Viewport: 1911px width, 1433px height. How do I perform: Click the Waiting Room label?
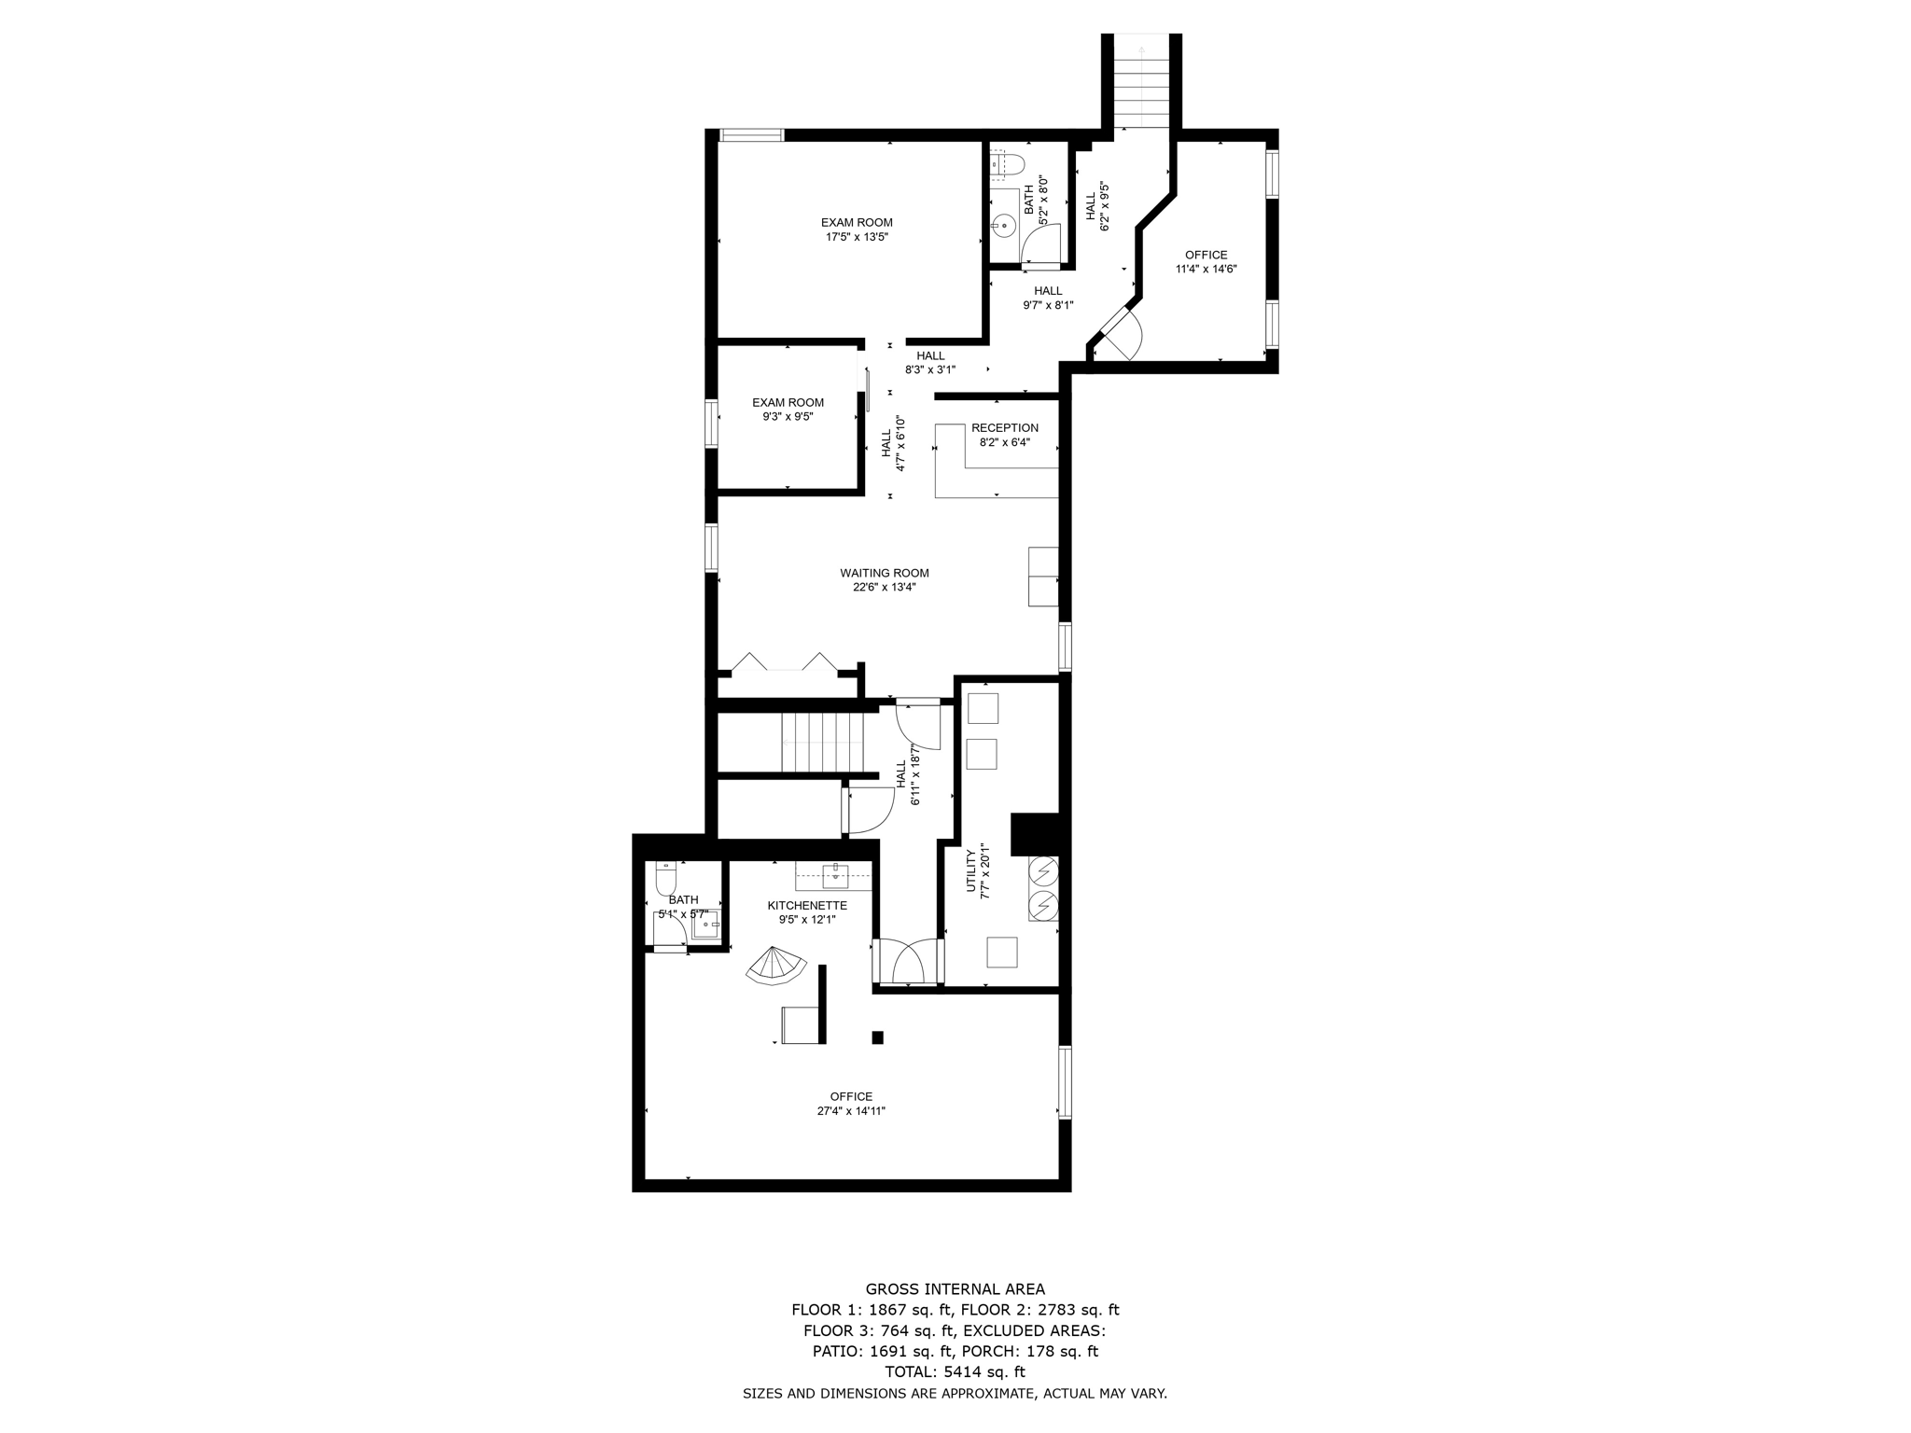(x=884, y=573)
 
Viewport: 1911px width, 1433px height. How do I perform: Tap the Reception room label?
(x=1004, y=428)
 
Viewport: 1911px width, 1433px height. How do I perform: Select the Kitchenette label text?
(x=807, y=905)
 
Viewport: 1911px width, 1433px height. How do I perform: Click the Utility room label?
(x=971, y=872)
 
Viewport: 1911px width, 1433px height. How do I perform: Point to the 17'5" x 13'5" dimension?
(x=856, y=237)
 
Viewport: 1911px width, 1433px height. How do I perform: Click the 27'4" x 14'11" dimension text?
(x=850, y=1111)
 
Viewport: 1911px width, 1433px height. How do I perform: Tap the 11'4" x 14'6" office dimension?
(x=1206, y=269)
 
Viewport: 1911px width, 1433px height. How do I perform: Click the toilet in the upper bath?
(x=1008, y=165)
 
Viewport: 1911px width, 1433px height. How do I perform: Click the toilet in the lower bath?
(x=666, y=879)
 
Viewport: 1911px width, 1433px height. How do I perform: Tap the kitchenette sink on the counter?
(x=835, y=874)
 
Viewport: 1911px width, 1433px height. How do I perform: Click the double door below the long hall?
(x=908, y=961)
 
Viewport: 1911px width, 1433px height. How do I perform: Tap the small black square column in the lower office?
(x=877, y=1036)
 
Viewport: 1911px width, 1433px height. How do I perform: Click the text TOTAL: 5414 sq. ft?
(x=955, y=1371)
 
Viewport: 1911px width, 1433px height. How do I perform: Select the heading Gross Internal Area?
(x=955, y=1289)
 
